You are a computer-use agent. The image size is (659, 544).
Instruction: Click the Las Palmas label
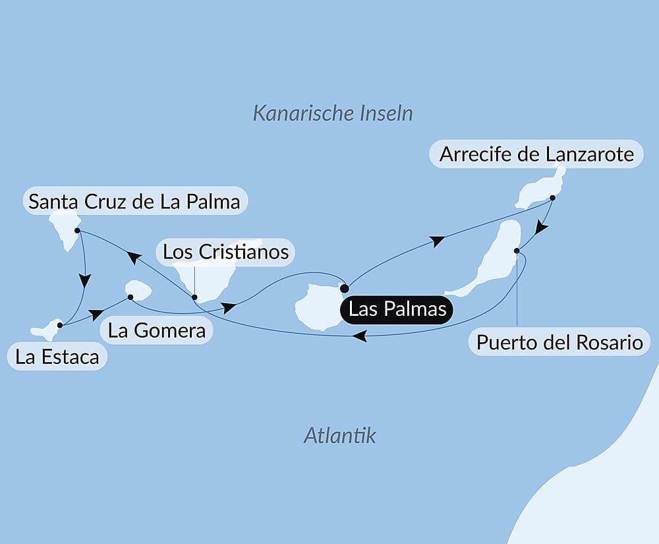coord(397,309)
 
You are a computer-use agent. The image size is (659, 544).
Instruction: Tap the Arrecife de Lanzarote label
coord(536,154)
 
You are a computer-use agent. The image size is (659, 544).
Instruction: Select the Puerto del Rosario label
coord(559,342)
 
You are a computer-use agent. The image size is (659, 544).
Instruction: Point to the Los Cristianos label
coord(225,251)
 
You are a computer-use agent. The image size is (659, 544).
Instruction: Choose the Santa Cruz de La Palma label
coord(134,200)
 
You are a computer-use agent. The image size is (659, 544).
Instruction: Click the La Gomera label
coord(157,330)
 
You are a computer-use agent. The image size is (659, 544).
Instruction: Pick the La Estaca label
coord(57,357)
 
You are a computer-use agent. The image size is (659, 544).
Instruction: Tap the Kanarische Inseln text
coord(333,113)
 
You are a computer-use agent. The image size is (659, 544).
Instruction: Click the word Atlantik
coord(339,435)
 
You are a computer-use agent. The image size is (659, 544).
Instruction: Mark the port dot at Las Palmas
coord(344,288)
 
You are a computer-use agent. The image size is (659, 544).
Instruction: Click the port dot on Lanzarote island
coord(552,197)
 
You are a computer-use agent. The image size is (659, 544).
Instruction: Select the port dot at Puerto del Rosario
coord(517,251)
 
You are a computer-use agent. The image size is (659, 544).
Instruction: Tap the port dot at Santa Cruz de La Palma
coord(78,231)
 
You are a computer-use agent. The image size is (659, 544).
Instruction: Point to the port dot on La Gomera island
coord(130,297)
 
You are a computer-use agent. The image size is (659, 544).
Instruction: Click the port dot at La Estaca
coord(60,325)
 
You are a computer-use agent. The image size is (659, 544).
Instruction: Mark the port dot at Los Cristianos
coord(194,297)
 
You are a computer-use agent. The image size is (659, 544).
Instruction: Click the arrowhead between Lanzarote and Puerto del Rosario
coord(541,227)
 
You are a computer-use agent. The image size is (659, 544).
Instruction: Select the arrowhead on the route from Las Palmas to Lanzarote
coord(436,241)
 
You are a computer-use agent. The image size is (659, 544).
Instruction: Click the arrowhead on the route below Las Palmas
coord(359,336)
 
